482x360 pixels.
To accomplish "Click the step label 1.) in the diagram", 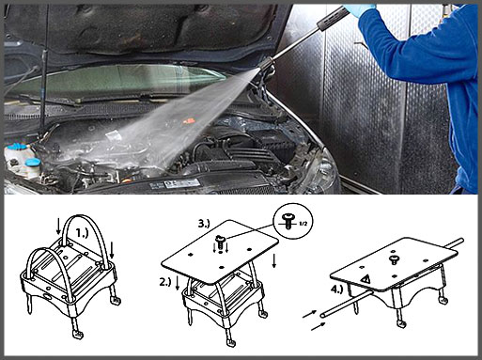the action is coord(83,233).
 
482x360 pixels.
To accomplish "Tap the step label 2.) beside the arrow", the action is coord(165,282).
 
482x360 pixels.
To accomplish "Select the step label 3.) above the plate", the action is coord(204,223).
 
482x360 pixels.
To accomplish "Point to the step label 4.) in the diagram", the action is coord(337,290).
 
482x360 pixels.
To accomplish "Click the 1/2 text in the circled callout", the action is coord(303,224).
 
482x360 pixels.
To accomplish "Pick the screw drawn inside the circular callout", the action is coord(288,220).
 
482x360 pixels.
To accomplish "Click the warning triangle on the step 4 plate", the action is coord(365,278).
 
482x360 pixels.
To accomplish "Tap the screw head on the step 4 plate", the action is coord(394,259).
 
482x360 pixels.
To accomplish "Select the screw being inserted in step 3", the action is coord(221,242).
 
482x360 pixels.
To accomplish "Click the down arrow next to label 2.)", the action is coord(178,283).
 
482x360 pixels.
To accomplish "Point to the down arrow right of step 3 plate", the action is coord(274,261).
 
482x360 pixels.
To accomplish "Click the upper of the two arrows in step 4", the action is coord(309,314).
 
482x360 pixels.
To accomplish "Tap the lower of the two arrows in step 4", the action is coord(318,326).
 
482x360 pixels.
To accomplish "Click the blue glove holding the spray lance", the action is coord(360,8).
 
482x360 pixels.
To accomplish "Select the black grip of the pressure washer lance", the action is coord(333,18).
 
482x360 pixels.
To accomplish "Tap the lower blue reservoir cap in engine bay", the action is coord(33,163).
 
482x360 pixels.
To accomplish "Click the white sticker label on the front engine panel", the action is coord(180,183).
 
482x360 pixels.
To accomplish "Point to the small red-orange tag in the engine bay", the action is coord(189,120).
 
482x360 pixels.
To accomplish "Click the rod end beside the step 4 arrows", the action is coord(323,314).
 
